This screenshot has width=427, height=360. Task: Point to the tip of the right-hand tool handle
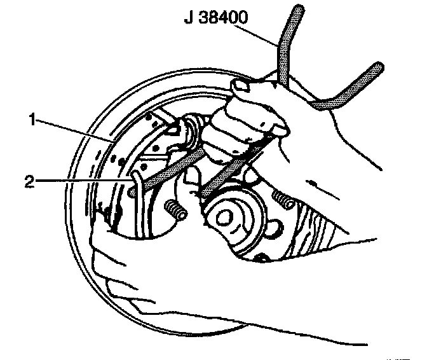(379, 67)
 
